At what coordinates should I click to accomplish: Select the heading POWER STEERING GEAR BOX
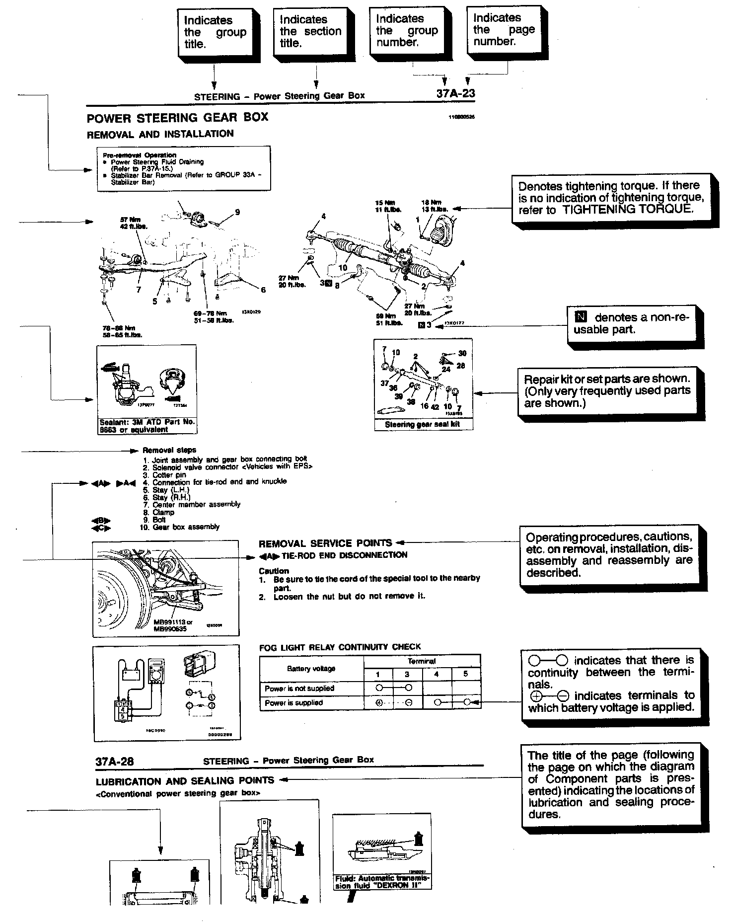point(177,118)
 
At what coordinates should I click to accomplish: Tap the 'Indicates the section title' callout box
point(310,32)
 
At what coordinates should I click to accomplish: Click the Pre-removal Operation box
point(184,168)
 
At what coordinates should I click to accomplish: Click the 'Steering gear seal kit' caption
point(423,425)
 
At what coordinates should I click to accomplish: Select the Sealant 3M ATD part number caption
point(147,426)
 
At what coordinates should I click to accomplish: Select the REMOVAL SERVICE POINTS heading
point(325,543)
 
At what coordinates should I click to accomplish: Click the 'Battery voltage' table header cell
point(311,669)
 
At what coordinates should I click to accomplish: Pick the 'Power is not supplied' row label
point(299,689)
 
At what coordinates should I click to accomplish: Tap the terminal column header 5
point(465,674)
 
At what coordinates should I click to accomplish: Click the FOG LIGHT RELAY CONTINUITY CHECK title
point(340,647)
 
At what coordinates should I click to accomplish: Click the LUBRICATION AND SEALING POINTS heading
point(185,780)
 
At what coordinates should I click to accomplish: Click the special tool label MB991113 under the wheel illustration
point(172,622)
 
